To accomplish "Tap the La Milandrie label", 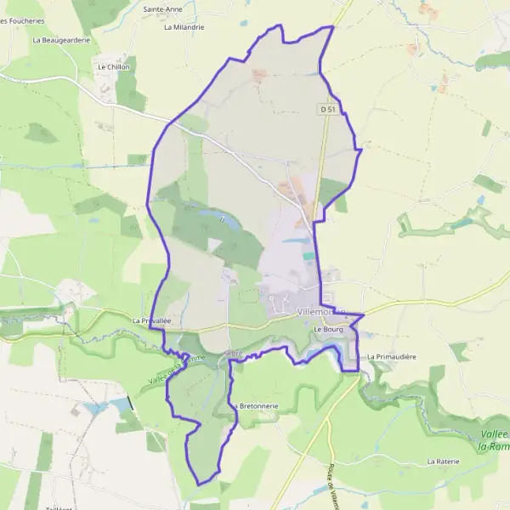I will point(184,26).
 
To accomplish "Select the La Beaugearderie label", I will point(61,39).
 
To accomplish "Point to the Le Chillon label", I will point(113,66).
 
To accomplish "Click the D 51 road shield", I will point(328,109).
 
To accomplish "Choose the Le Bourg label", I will point(327,329).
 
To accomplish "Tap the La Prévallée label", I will point(152,320).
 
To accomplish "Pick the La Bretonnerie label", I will point(257,406).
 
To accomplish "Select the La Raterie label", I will point(443,461).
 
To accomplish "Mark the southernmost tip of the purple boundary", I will point(201,485).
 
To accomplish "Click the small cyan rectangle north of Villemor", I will point(308,255).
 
